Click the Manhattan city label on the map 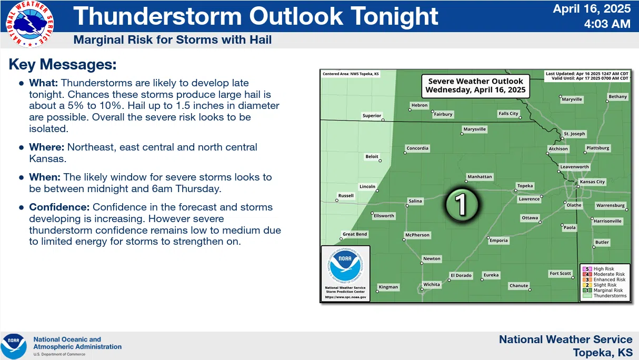point(480,177)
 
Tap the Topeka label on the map point(525,186)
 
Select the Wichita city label point(432,285)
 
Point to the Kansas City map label point(592,182)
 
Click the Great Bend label point(355,234)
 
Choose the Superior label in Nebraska point(372,116)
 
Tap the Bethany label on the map point(617,97)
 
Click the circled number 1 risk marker point(462,204)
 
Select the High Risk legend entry point(603,269)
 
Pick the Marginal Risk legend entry point(607,290)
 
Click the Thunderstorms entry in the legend point(610,296)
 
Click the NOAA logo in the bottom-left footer point(14,346)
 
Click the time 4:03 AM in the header point(607,24)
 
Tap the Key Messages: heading point(62,65)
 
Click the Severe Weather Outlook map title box point(475,85)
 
